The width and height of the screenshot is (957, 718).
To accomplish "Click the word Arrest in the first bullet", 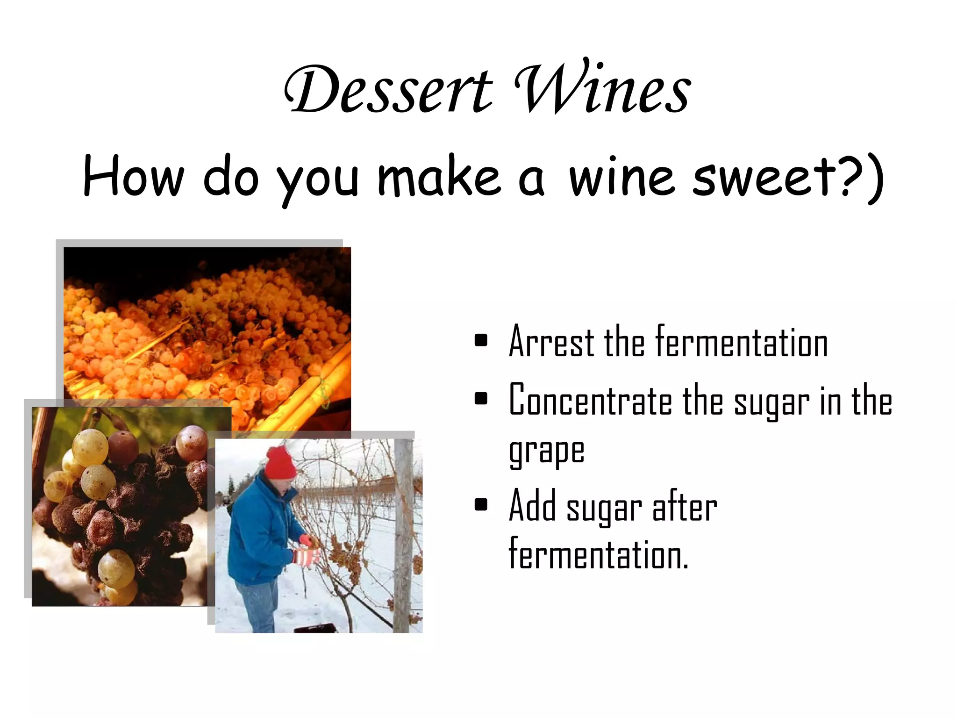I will point(551,342).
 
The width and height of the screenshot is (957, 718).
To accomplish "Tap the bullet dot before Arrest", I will point(480,340).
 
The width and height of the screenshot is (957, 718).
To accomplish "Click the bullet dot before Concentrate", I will point(480,399).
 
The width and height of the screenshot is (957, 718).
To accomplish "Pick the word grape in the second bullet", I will point(547,452).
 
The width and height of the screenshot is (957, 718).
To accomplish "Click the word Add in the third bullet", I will point(533,506).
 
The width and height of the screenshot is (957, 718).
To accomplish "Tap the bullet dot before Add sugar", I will point(480,505).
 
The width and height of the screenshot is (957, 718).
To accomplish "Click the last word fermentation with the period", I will point(598,554).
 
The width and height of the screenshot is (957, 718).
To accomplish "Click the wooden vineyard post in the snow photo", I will point(403,538).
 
